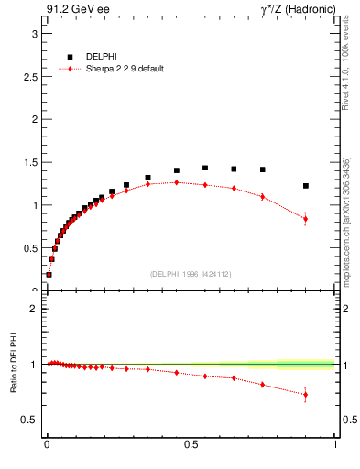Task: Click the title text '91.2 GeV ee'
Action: click(71, 11)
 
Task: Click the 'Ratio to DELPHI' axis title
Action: click(11, 365)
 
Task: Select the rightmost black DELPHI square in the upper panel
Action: click(306, 186)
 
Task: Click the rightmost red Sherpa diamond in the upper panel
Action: click(306, 219)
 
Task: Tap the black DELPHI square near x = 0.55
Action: click(205, 168)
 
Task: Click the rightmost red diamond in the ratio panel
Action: click(306, 395)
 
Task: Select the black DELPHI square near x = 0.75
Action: click(263, 169)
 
